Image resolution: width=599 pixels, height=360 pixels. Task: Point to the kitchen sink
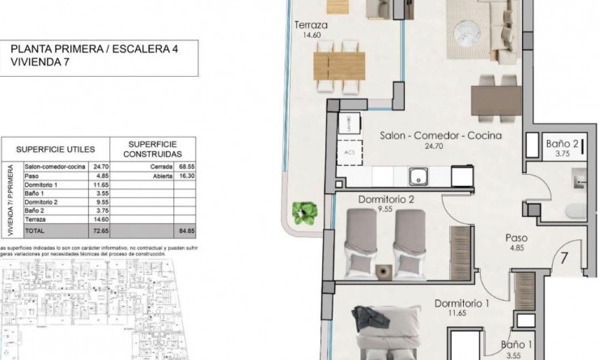[x=419, y=175]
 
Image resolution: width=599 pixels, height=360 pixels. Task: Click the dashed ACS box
[x=350, y=151]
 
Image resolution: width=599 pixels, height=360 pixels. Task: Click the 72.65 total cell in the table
[x=101, y=230]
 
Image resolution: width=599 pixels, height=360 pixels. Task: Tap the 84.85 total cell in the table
[x=191, y=230]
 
